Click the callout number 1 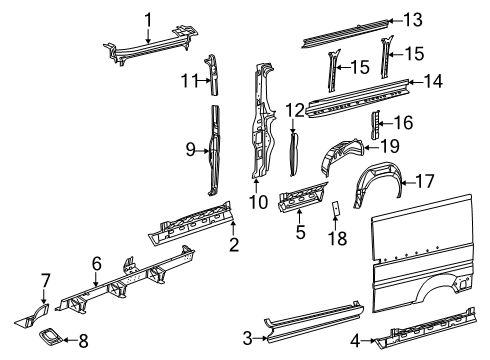tap(148, 18)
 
